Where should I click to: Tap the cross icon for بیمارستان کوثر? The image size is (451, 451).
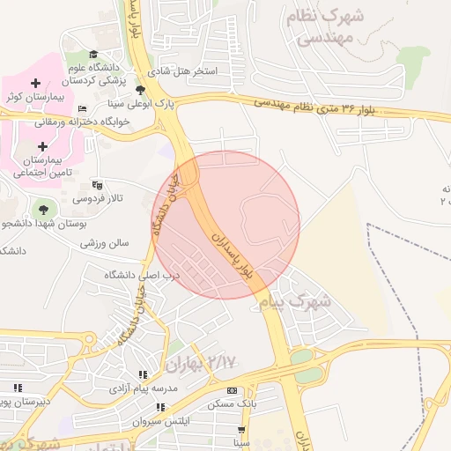pyautogui.click(x=35, y=83)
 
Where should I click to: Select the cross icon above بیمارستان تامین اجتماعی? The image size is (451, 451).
pyautogui.click(x=42, y=145)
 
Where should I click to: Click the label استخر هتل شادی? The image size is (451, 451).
pyautogui.click(x=193, y=70)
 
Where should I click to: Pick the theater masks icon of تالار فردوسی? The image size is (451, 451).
pyautogui.click(x=97, y=186)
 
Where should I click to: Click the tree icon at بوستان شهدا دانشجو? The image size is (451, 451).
pyautogui.click(x=42, y=209)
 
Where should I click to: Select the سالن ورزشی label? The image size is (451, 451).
pyautogui.click(x=107, y=242)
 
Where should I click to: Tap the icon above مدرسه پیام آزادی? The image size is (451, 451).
pyautogui.click(x=143, y=374)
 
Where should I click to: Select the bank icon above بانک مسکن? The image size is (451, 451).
pyautogui.click(x=233, y=391)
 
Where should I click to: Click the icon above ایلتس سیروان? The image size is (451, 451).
pyautogui.click(x=161, y=408)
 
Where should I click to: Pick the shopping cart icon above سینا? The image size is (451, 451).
pyautogui.click(x=241, y=430)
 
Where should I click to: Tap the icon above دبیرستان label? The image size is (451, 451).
pyautogui.click(x=17, y=387)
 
